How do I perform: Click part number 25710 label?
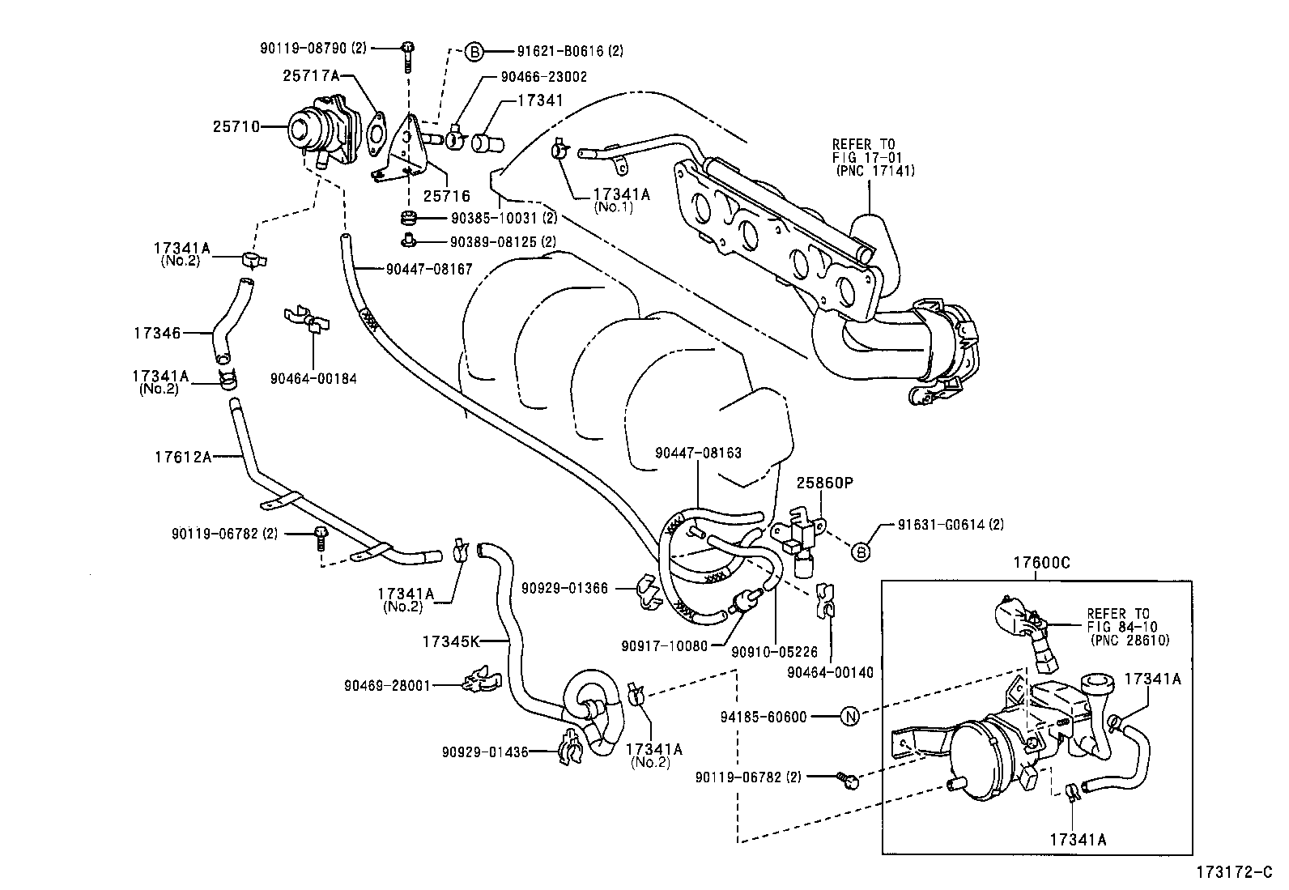click(236, 126)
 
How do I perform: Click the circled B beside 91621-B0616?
click(474, 51)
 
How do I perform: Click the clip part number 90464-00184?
click(313, 378)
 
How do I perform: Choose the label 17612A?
click(182, 457)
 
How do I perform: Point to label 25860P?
click(825, 483)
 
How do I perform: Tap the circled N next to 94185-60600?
click(849, 717)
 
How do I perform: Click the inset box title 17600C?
click(1040, 563)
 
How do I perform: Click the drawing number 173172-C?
click(1236, 873)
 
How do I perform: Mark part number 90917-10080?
click(664, 645)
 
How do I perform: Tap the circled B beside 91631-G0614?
click(861, 553)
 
